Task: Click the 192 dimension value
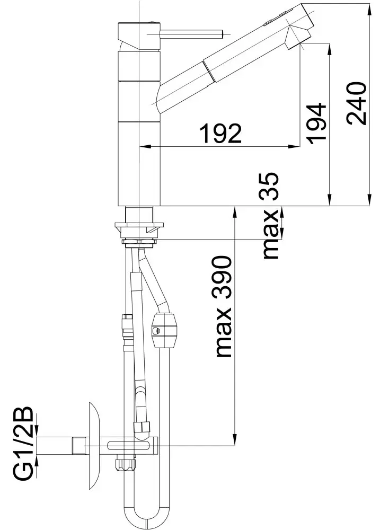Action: (220, 133)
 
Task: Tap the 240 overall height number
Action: (356, 103)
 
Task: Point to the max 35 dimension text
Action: (271, 216)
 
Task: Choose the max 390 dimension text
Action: (223, 306)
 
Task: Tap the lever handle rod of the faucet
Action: (190, 34)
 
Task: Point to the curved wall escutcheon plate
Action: (94, 446)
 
